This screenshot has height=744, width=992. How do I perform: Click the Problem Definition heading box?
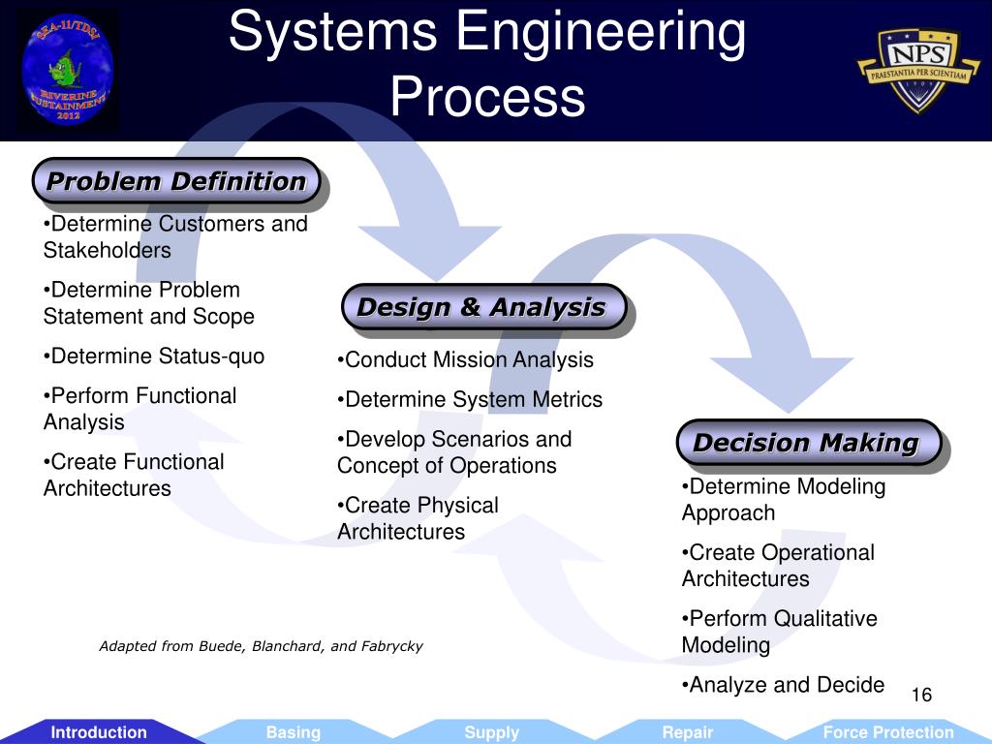pos(176,181)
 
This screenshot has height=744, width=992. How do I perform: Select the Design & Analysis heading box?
pos(481,308)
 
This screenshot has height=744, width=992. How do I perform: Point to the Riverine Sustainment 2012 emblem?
pos(67,71)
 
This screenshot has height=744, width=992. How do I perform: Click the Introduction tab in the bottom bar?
pos(99,732)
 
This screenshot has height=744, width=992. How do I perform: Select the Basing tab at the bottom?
pos(293,732)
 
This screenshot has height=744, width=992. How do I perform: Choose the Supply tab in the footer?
pos(491,732)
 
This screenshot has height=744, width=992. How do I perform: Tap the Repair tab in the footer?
pos(688,732)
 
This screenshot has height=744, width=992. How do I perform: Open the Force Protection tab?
pos(887,732)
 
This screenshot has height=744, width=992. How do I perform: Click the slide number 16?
pos(921,696)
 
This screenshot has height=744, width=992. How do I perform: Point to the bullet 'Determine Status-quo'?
pos(154,356)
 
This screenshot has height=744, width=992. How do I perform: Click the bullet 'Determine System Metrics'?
pos(470,399)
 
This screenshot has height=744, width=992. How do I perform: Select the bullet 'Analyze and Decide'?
pos(784,685)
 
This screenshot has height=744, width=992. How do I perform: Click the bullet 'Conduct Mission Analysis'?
pos(466,360)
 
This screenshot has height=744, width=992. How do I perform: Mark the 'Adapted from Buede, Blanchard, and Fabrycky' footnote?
pos(261,646)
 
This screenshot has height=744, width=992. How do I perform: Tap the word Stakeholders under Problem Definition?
pos(107,250)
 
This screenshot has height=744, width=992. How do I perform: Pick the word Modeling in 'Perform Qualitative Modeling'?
pos(726,645)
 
